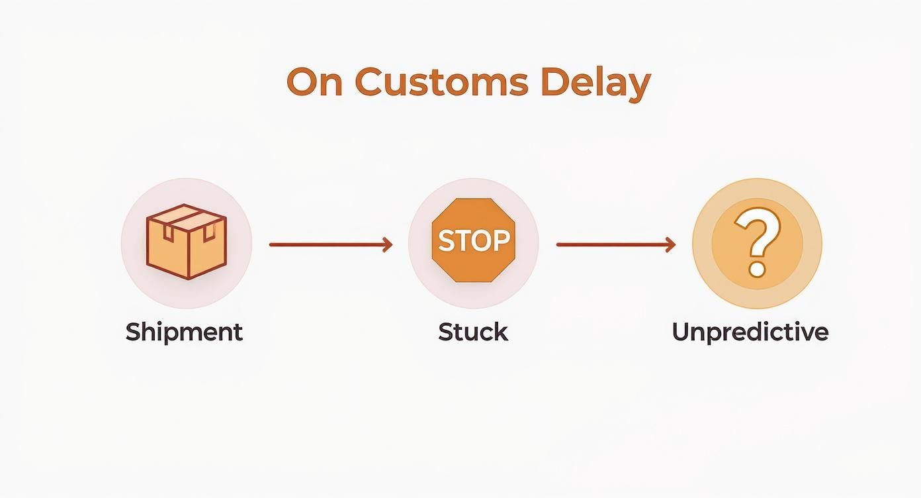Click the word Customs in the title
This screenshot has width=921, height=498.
pyautogui.click(x=441, y=83)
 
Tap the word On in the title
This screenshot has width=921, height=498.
pyautogui.click(x=314, y=83)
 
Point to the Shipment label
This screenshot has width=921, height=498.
pyautogui.click(x=184, y=331)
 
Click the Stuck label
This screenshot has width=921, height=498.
pyautogui.click(x=472, y=331)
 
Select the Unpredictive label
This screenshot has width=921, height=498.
pyautogui.click(x=750, y=331)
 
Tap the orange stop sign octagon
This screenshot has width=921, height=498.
pyautogui.click(x=473, y=240)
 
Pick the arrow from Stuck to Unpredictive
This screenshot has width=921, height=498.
pyautogui.click(x=615, y=244)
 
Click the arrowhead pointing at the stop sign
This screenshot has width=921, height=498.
pyautogui.click(x=388, y=244)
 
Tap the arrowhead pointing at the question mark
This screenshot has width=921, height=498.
pyautogui.click(x=671, y=244)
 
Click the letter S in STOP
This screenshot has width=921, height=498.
pyautogui.click(x=446, y=241)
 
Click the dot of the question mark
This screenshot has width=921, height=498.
pyautogui.click(x=756, y=270)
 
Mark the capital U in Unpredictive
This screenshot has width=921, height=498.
pyautogui.click(x=681, y=331)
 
